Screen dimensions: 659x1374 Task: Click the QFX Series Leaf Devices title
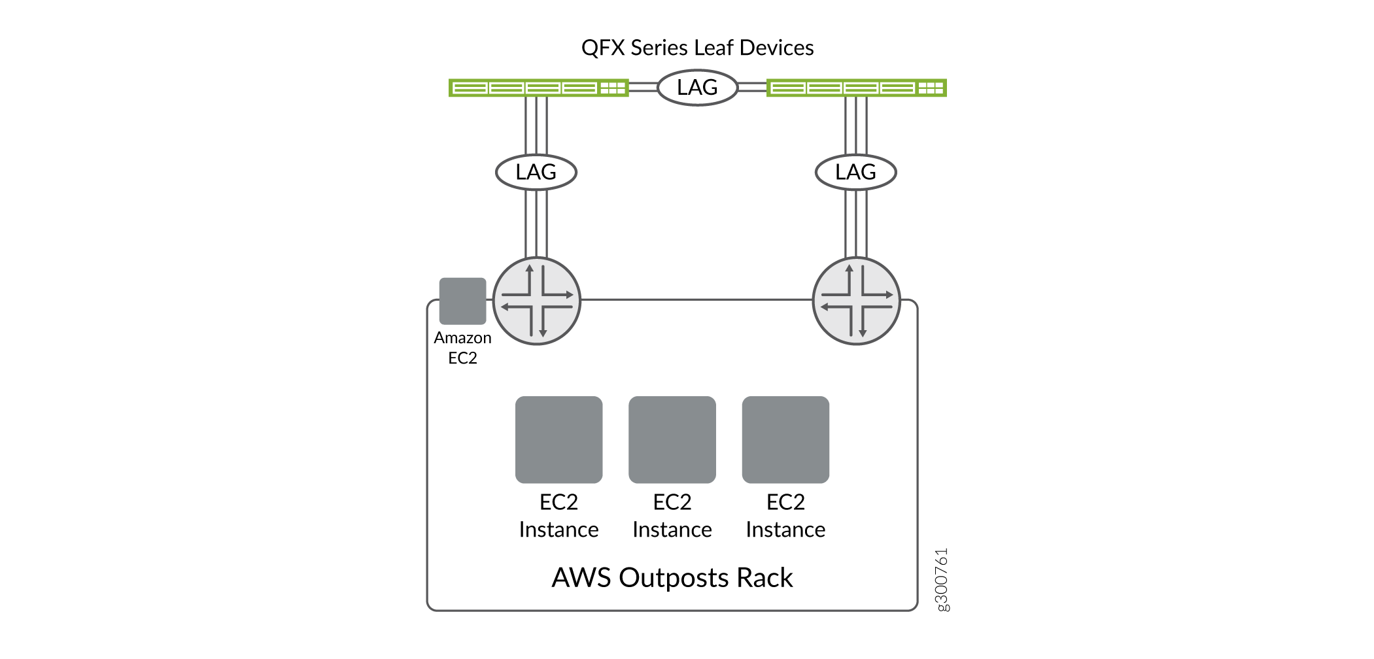(697, 48)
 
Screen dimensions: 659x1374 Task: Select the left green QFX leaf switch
(538, 88)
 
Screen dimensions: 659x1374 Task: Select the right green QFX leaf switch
(856, 88)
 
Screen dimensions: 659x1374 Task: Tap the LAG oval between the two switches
(697, 88)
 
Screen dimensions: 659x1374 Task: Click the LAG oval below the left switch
(536, 172)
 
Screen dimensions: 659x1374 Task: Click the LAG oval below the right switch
(855, 172)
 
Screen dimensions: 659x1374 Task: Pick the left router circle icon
(536, 301)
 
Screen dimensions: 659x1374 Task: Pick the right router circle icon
(856, 301)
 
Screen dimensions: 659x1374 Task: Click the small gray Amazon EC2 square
(462, 301)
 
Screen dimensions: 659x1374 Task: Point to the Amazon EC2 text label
(462, 348)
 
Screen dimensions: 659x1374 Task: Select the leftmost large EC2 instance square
(558, 439)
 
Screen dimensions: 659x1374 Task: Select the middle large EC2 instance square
(672, 439)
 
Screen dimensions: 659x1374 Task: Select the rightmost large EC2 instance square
(785, 439)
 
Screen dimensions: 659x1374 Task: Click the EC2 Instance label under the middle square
(672, 516)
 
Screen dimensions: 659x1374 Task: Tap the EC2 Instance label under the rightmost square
(785, 516)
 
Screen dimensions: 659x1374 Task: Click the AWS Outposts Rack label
(672, 578)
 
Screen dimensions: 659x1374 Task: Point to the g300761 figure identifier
(942, 580)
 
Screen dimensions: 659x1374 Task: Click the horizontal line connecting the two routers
(696, 300)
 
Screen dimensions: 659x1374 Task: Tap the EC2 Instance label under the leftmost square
(558, 516)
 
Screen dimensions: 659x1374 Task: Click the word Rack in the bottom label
(764, 578)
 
